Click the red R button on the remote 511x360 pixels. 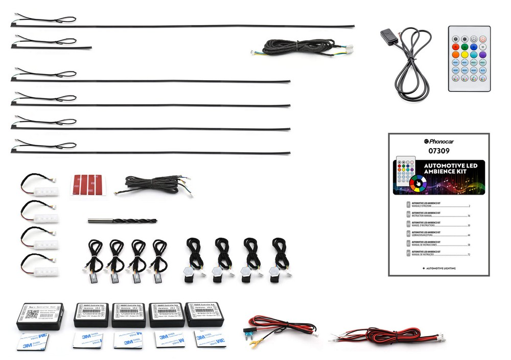[456, 46]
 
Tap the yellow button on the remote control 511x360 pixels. [464, 55]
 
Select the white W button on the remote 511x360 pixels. [483, 46]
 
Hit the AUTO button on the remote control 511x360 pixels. [483, 70]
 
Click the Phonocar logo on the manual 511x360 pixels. [438, 141]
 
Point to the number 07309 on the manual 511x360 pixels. [438, 151]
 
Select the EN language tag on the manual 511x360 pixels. [408, 214]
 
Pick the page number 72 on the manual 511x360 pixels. [468, 254]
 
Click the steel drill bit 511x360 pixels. [122, 221]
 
